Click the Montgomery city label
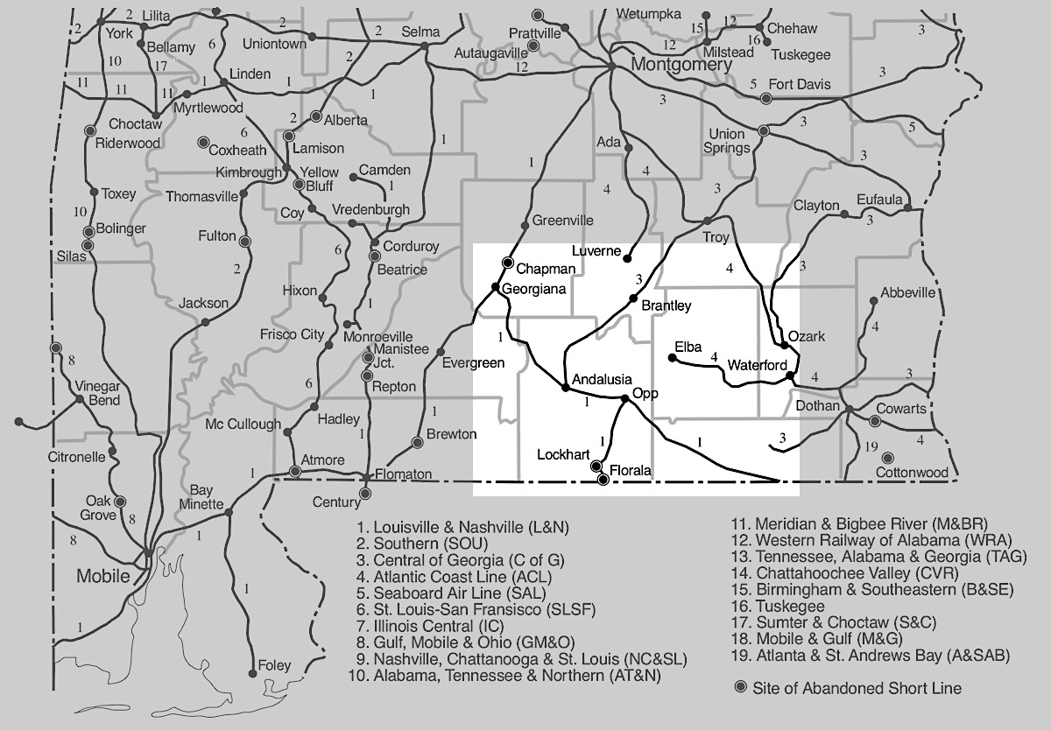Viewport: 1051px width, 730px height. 681,66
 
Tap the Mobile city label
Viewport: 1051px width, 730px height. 103,576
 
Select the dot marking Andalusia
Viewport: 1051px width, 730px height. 565,386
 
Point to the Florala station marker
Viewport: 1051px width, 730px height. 603,479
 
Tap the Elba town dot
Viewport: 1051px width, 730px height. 672,357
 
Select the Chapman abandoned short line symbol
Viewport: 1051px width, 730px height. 507,262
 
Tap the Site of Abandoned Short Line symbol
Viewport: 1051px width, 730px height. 742,688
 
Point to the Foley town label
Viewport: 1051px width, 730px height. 274,666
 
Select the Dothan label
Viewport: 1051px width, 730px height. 817,406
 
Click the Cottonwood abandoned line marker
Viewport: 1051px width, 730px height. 887,457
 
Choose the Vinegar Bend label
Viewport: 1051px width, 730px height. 96,393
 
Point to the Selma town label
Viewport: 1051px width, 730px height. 420,32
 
